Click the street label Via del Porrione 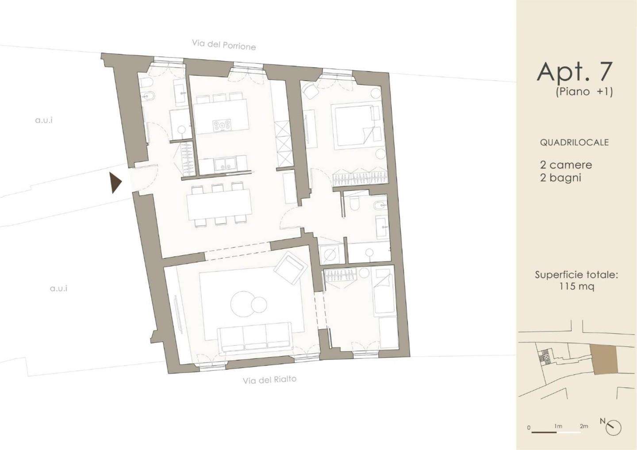pos(224,45)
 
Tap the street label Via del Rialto pos(269,380)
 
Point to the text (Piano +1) pos(584,92)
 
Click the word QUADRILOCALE pos(574,142)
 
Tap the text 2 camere pos(566,165)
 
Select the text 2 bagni pos(560,178)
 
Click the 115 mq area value pos(576,286)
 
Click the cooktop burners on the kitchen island pos(222,126)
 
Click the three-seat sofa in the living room pos(254,338)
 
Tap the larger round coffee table pos(242,304)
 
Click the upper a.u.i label pos(44,120)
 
